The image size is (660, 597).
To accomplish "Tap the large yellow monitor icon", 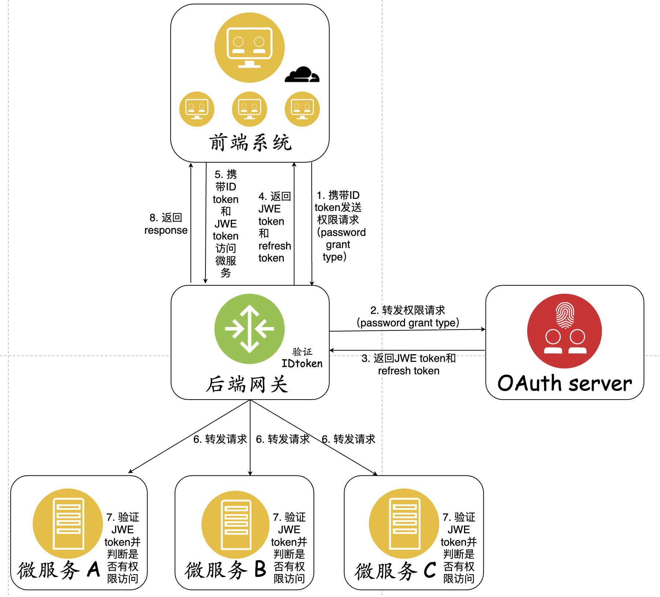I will (249, 48).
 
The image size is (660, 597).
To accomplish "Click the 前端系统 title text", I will (250, 142).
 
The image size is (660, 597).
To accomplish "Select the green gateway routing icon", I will (249, 329).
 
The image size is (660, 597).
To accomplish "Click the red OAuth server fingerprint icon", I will (564, 331).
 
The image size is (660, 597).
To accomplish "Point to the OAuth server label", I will (564, 383).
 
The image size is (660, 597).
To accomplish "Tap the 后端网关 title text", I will (247, 384).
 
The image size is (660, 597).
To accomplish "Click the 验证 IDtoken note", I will (302, 358).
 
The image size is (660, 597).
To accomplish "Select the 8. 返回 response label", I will (166, 224).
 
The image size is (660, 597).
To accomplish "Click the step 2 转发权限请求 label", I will (408, 316).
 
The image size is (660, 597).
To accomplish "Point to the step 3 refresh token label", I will (408, 364).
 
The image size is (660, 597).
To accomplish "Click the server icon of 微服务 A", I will (68, 523).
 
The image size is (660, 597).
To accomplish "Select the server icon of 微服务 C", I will (404, 523).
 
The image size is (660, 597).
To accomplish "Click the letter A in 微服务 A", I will (94, 570).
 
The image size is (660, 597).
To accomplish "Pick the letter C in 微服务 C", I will (430, 570).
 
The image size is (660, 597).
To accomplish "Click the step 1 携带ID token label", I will (340, 226).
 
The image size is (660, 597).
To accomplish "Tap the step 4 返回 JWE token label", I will (274, 227).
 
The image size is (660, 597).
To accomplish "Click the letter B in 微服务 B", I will (260, 570).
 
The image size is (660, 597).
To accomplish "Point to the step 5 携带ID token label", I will (226, 223).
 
